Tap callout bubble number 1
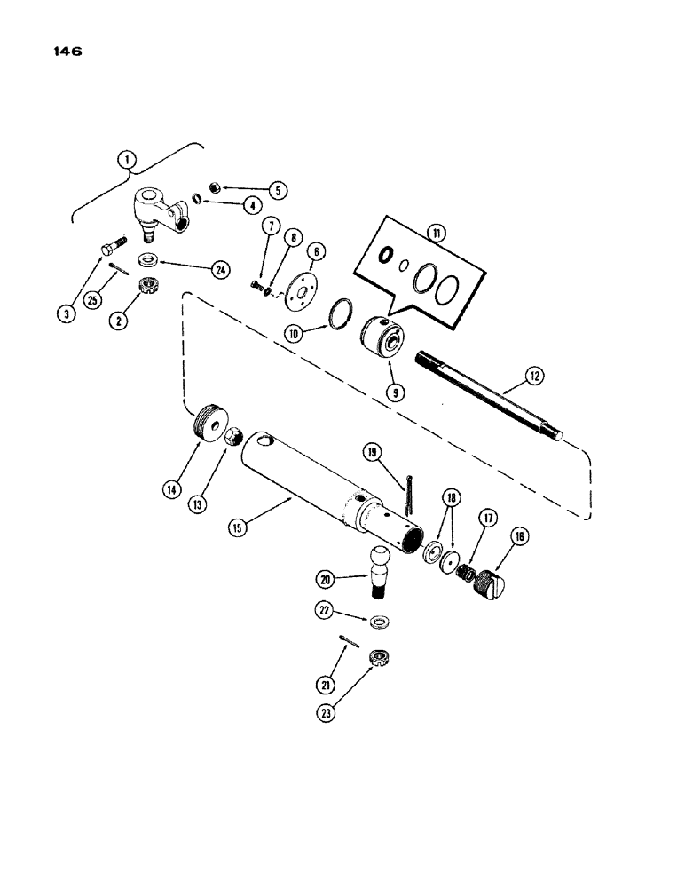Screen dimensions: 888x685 coord(130,161)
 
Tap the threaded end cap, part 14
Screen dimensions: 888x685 coord(209,421)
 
